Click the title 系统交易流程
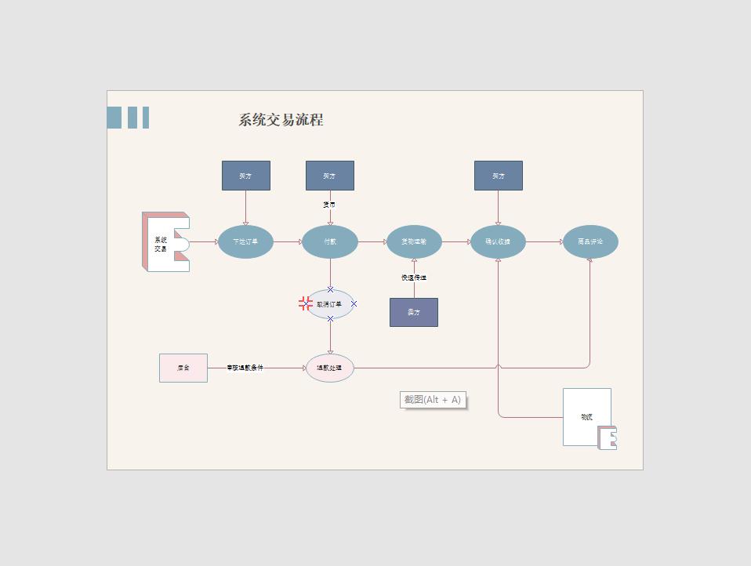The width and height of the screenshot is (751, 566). (281, 120)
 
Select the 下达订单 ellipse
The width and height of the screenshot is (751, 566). (245, 241)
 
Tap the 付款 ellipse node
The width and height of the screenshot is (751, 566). (330, 241)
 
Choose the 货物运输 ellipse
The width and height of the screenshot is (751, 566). (414, 241)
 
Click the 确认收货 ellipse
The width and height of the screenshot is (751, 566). (498, 241)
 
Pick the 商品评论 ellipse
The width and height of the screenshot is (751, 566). (590, 241)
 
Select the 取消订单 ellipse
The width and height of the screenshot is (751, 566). (330, 304)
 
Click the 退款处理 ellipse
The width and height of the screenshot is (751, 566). (330, 368)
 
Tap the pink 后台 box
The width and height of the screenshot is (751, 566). (183, 368)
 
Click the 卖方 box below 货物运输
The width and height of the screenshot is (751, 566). (414, 312)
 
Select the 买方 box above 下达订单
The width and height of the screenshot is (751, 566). (246, 176)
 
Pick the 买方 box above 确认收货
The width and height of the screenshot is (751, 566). (498, 176)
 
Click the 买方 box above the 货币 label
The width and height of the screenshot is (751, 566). (330, 176)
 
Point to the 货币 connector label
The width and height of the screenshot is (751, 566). (329, 205)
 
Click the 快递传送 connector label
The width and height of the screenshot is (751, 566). (414, 278)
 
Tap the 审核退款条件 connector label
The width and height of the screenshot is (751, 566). (245, 368)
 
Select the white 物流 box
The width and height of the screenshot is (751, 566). (586, 416)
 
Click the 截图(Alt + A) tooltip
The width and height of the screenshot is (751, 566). (433, 400)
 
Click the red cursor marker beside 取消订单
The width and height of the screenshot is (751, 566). (306, 303)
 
